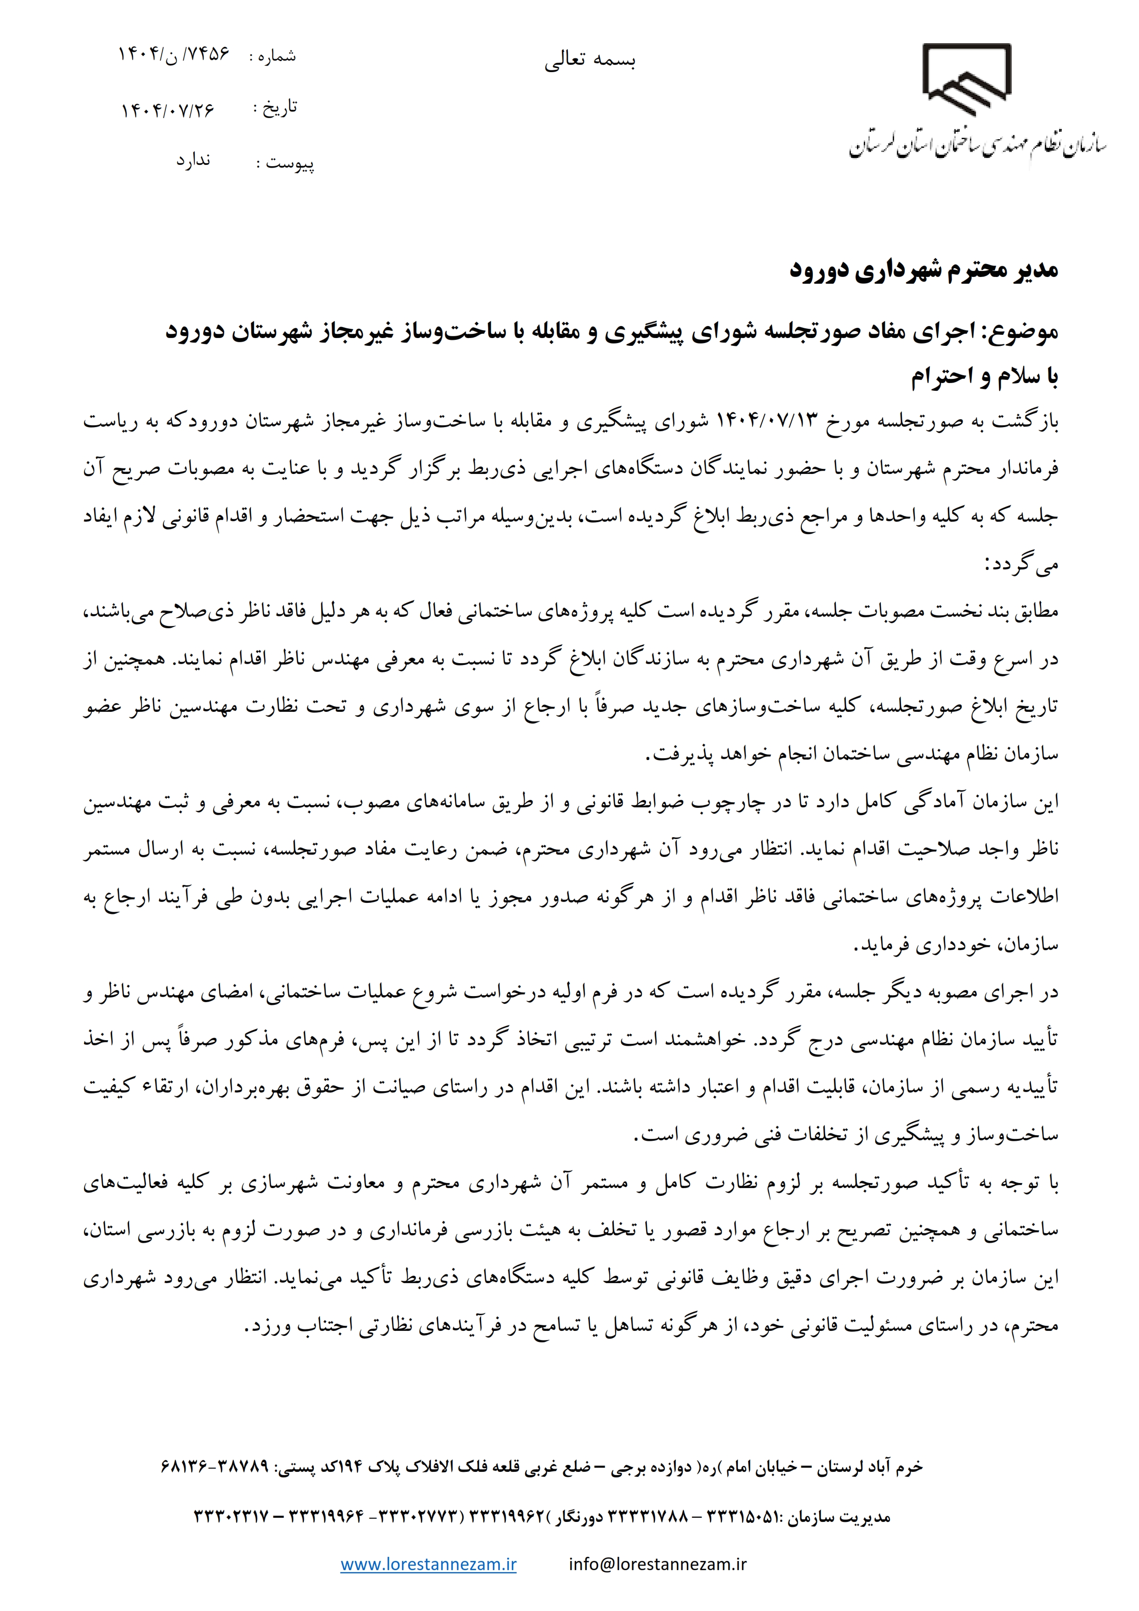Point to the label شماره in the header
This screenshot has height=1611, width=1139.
(277, 56)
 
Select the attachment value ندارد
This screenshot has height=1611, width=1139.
(193, 161)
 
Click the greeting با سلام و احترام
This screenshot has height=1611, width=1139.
(985, 378)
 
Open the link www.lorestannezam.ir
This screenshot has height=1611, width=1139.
(428, 1564)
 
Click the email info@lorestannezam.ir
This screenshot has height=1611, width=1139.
(657, 1564)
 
